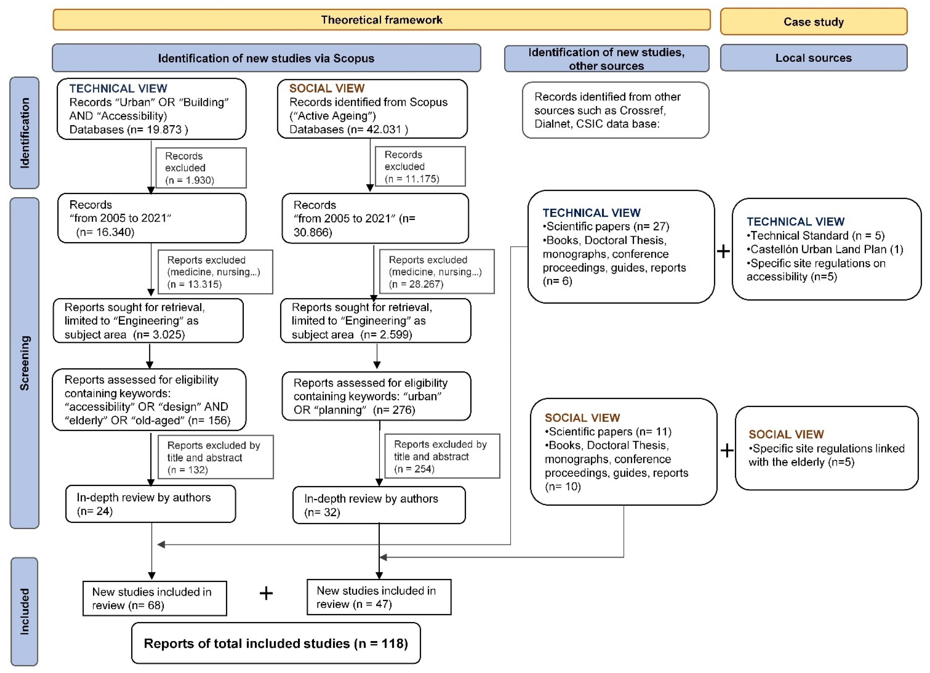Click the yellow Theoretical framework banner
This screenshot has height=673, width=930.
[381, 20]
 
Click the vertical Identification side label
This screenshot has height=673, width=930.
[25, 133]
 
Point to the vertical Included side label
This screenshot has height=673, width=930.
[25, 611]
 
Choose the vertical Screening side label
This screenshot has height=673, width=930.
[25, 363]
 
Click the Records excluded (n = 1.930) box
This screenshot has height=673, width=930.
[201, 168]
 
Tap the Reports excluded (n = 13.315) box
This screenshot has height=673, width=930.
[215, 272]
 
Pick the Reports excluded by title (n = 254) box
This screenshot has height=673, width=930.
[442, 456]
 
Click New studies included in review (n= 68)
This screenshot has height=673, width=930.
[155, 598]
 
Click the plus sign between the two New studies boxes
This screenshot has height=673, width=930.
[266, 593]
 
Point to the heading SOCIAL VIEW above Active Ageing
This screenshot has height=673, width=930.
[327, 88]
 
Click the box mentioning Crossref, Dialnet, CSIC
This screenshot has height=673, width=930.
[616, 110]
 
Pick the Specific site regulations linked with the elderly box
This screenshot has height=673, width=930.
[827, 448]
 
